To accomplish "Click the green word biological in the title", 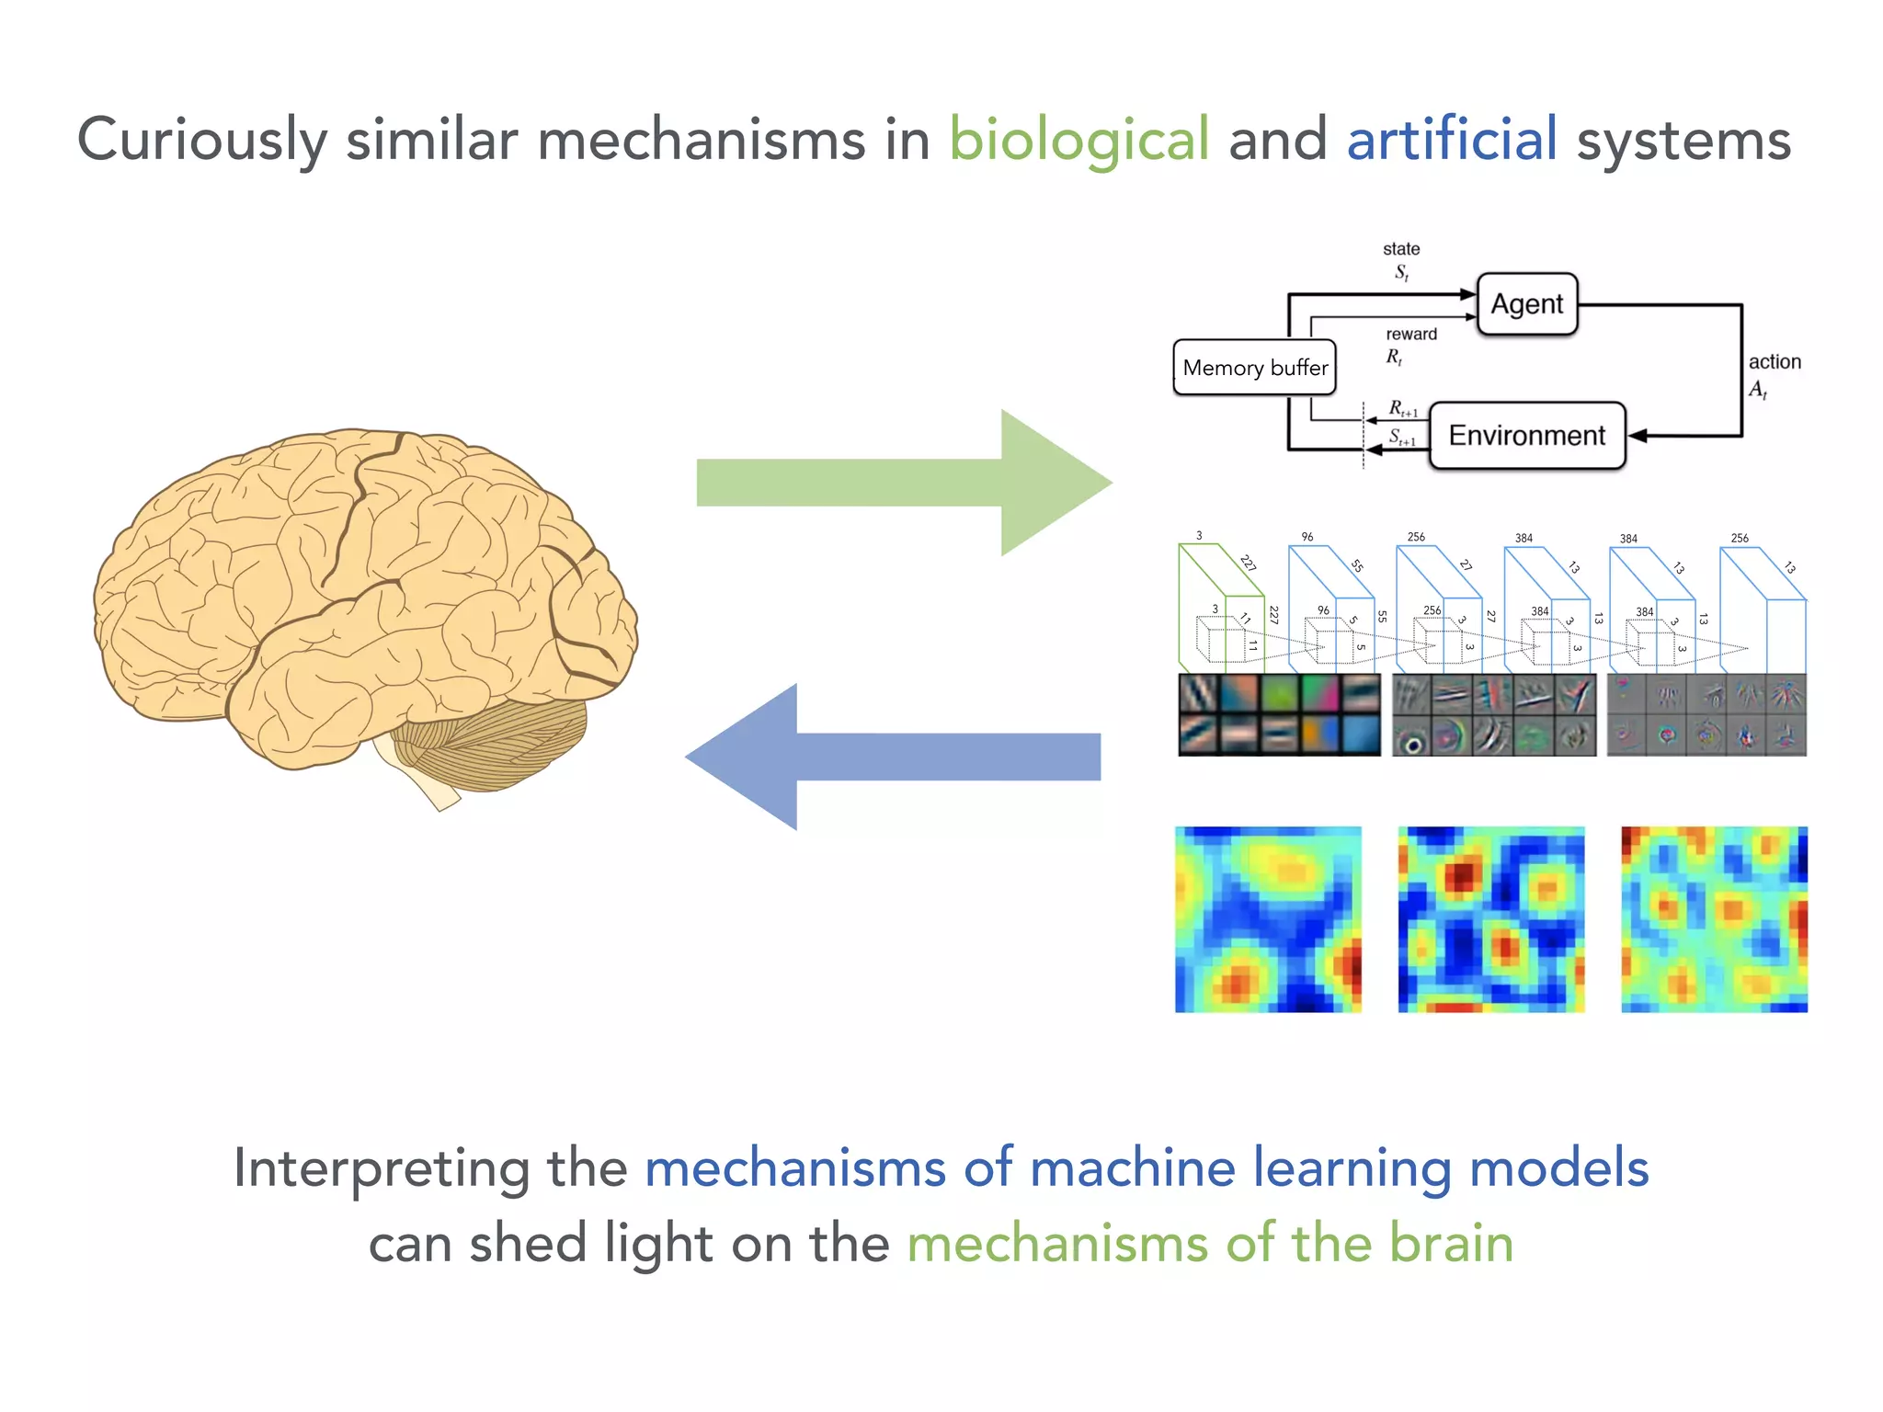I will (1078, 141).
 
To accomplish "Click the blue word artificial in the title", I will (1452, 141).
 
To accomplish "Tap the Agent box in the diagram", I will (1526, 304).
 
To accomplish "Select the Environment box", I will (1526, 436).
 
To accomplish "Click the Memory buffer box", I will (1254, 368).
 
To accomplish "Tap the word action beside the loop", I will (1774, 362).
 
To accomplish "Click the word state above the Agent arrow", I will (1400, 249).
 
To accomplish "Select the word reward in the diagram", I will (1410, 335).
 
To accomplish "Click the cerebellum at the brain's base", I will (496, 740).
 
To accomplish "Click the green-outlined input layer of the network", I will (1219, 607).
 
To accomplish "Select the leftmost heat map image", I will (1268, 919).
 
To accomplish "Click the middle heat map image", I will (1490, 919).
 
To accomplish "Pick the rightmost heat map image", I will (1714, 919).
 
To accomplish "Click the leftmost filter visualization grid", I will (1279, 715).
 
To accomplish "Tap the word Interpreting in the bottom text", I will (381, 1170).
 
